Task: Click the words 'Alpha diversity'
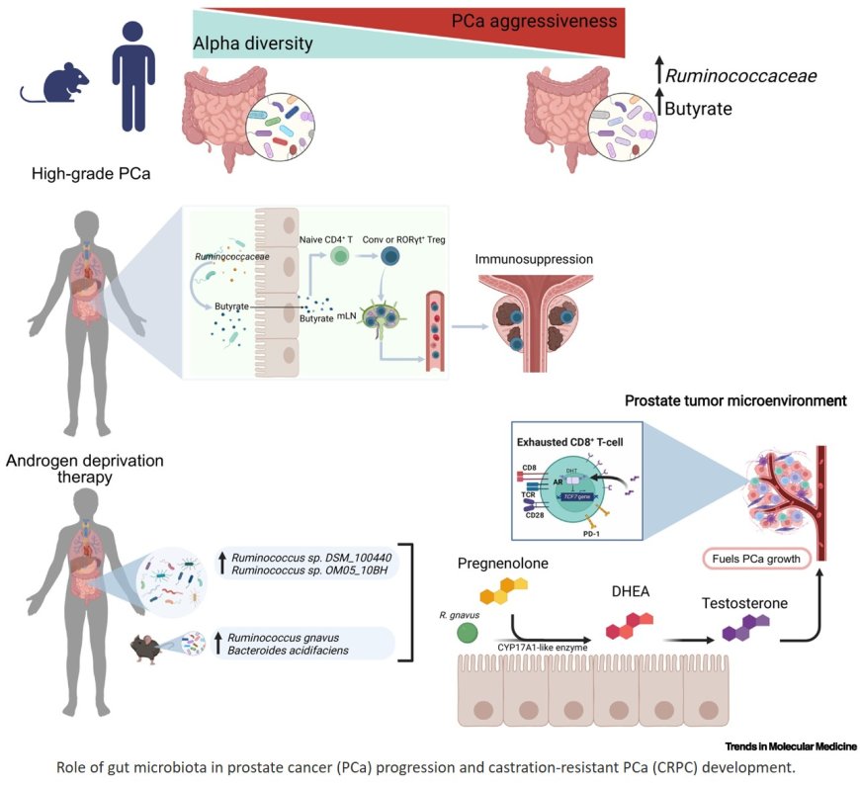click(252, 44)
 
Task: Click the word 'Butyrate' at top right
click(697, 109)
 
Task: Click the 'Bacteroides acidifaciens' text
click(293, 655)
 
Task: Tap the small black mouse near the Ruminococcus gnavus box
click(150, 648)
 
